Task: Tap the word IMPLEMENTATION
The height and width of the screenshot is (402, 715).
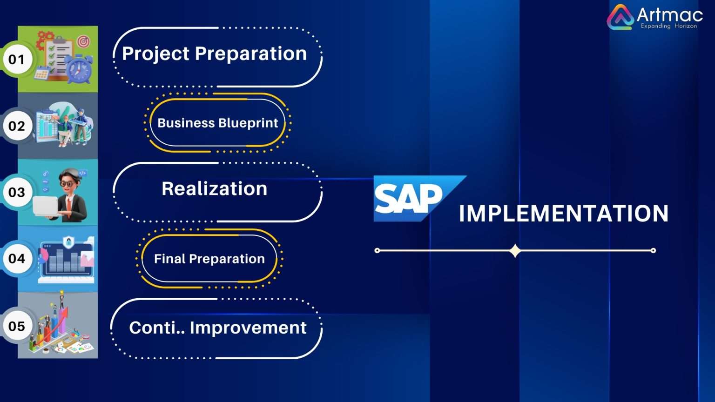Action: pyautogui.click(x=563, y=214)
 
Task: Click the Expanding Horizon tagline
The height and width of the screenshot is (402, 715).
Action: pyautogui.click(x=668, y=26)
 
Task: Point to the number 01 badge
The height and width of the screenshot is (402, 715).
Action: pyautogui.click(x=17, y=59)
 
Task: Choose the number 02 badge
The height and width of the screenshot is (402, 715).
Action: pyautogui.click(x=17, y=126)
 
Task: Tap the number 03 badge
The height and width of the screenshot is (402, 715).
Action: pyautogui.click(x=17, y=192)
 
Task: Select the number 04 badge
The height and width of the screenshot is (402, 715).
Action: pyautogui.click(x=17, y=259)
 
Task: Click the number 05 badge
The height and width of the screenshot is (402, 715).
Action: pyautogui.click(x=17, y=326)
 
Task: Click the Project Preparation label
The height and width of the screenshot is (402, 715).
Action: pyautogui.click(x=214, y=54)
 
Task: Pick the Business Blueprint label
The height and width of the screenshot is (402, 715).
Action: pyautogui.click(x=217, y=123)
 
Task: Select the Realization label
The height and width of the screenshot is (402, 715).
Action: pyautogui.click(x=214, y=189)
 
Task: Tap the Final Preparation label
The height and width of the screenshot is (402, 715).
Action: pyautogui.click(x=209, y=259)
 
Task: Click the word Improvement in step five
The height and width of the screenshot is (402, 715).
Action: pyautogui.click(x=248, y=328)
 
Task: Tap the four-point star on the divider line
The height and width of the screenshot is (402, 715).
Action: pyautogui.click(x=515, y=251)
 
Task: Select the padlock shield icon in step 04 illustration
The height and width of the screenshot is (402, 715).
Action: pyautogui.click(x=68, y=242)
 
